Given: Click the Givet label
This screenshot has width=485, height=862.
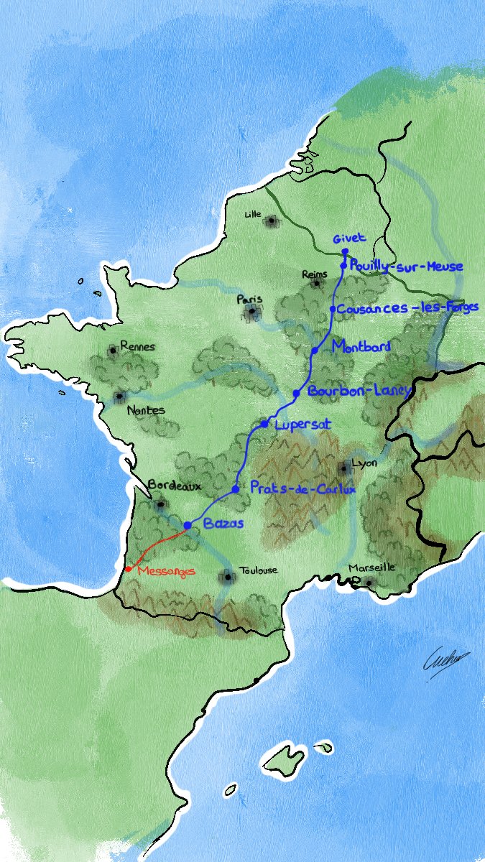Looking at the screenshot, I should (x=349, y=238).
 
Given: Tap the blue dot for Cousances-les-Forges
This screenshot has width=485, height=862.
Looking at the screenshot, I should (x=333, y=309).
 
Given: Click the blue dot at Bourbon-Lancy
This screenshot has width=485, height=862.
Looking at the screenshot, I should (x=296, y=393).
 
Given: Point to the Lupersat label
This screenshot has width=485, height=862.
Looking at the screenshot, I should (x=302, y=425).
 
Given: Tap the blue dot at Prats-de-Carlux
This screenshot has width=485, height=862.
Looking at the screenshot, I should (x=236, y=489).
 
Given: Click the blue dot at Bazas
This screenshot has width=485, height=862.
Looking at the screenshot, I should (x=188, y=526).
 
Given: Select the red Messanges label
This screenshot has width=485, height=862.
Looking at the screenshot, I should (x=166, y=571).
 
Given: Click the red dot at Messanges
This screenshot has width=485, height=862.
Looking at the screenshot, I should (x=128, y=569).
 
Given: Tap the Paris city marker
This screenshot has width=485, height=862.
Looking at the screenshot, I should (x=251, y=312).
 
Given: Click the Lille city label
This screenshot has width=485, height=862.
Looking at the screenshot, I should (x=252, y=214).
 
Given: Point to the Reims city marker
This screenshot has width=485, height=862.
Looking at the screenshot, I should (x=315, y=284).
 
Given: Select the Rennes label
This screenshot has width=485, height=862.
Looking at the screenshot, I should (x=137, y=346).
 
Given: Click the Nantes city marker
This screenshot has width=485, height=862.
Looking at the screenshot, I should (x=119, y=397).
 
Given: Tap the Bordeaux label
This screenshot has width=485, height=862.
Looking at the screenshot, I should (x=173, y=486).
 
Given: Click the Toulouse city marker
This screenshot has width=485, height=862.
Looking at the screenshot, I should (x=228, y=576).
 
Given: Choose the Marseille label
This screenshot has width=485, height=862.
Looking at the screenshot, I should (x=371, y=567).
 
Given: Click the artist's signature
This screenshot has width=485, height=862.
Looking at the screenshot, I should (x=445, y=657).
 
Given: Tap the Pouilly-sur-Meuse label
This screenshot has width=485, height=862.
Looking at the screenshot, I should (x=406, y=267).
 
